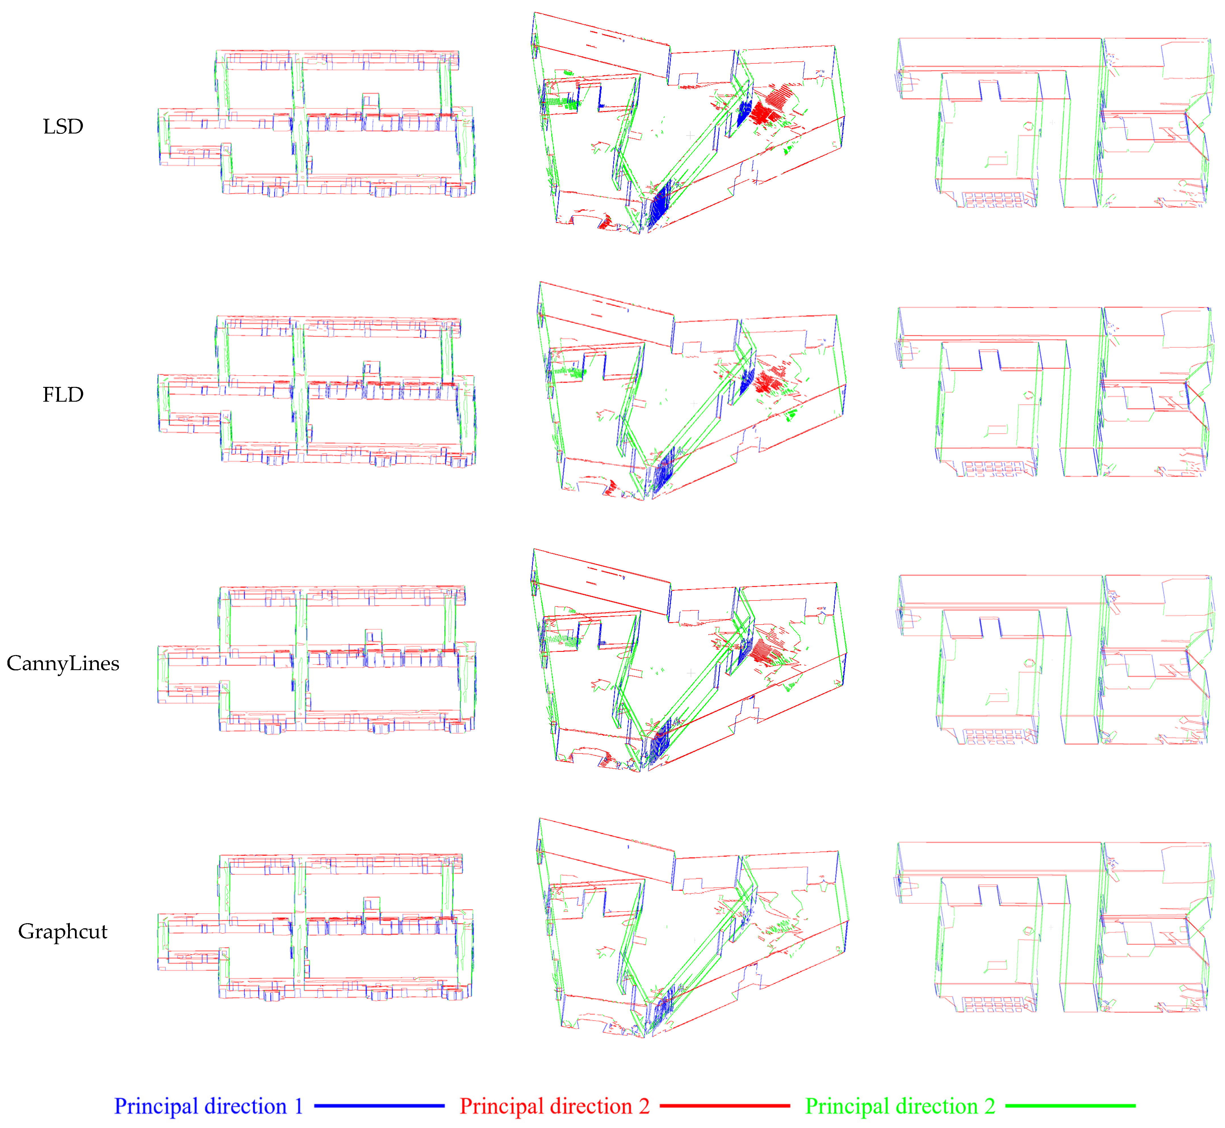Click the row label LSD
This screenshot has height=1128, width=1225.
pyautogui.click(x=63, y=126)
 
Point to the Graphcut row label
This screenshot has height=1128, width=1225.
pyautogui.click(x=63, y=931)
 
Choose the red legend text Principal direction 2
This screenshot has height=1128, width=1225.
pyautogui.click(x=554, y=1106)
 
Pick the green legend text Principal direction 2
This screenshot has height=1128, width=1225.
pyautogui.click(x=900, y=1106)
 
